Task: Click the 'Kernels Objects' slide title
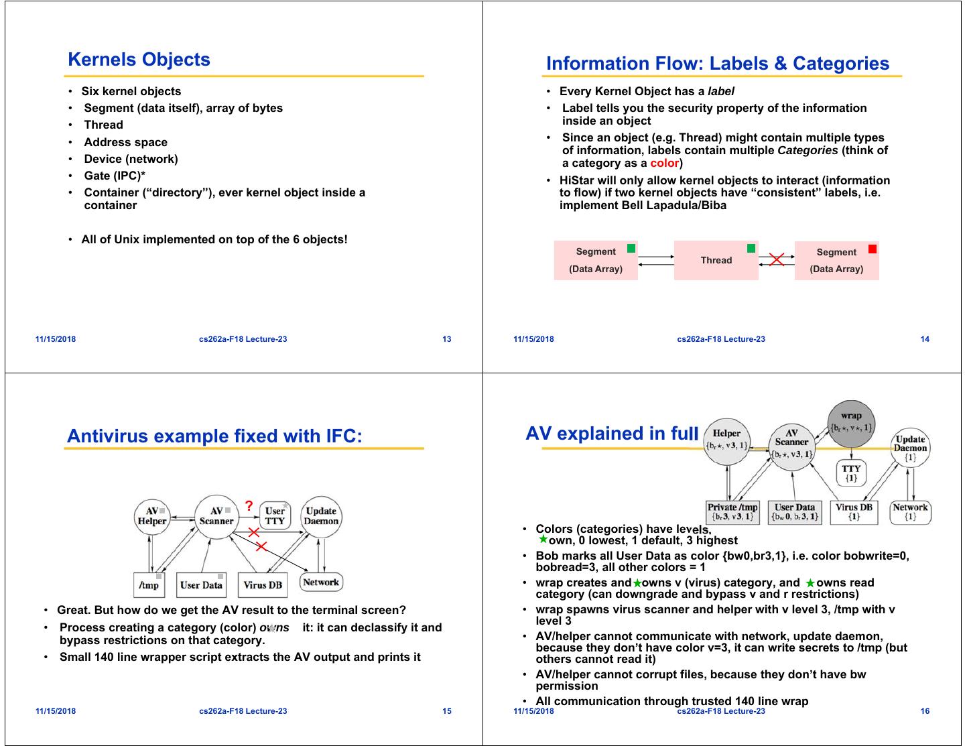coord(139,60)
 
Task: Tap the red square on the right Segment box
coord(872,249)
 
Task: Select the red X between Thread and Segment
coord(777,259)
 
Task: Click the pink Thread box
coord(716,260)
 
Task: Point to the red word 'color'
coord(664,163)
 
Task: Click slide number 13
coord(447,339)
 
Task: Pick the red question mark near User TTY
coord(249,506)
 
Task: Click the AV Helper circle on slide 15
coord(152,516)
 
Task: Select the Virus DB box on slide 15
coord(262,584)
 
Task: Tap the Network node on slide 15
coord(320,582)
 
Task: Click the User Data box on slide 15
coord(201,584)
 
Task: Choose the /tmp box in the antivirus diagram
coord(149,584)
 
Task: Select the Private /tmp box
coord(732,512)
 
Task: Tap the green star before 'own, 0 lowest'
coord(543,539)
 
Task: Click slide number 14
coord(925,339)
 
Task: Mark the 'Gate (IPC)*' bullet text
coord(115,176)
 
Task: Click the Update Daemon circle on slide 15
coord(321,516)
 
